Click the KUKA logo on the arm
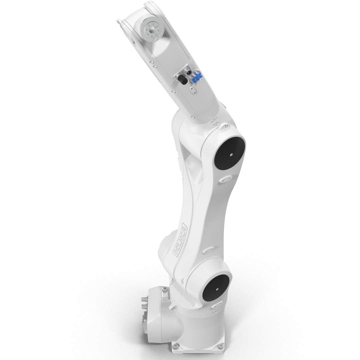click(180, 239)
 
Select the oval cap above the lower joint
click(208, 249)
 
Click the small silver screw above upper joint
click(226, 126)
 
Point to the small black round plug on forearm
click(189, 72)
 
